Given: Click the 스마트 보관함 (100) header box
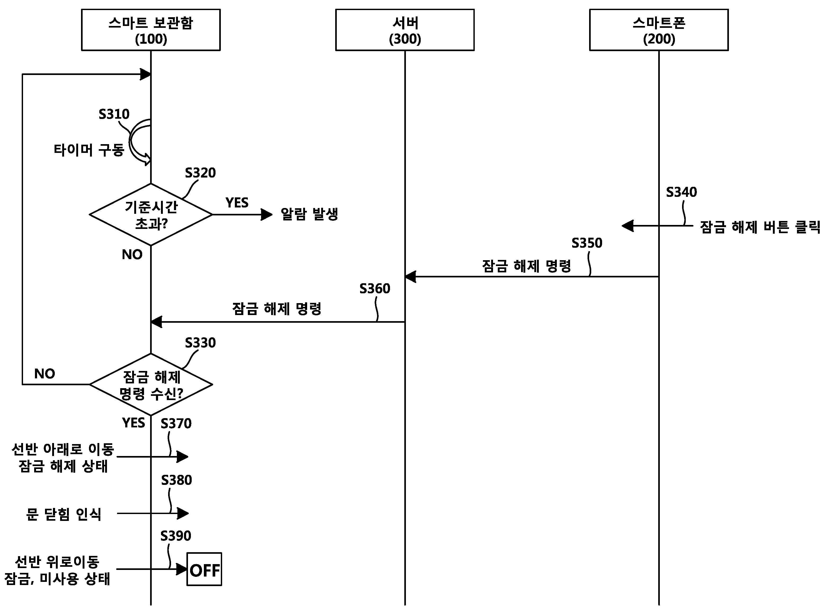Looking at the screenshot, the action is click(151, 30).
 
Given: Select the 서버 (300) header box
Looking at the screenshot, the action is click(405, 30).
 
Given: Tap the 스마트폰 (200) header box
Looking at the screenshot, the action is click(658, 30).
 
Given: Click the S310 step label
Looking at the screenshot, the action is click(114, 114).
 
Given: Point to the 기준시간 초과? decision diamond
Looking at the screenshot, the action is click(151, 215).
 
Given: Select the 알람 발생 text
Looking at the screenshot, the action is click(309, 214).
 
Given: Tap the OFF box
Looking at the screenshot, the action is click(204, 569).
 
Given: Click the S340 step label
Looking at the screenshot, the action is click(681, 192).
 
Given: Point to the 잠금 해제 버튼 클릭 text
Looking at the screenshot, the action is click(760, 227).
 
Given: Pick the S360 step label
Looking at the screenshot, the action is click(375, 289).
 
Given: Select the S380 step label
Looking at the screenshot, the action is click(176, 480).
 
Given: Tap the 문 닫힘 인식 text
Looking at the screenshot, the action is click(64, 514).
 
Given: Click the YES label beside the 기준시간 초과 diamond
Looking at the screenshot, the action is click(237, 203).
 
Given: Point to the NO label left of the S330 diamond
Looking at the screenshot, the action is click(44, 374).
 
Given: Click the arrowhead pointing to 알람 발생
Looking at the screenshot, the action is click(266, 215).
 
